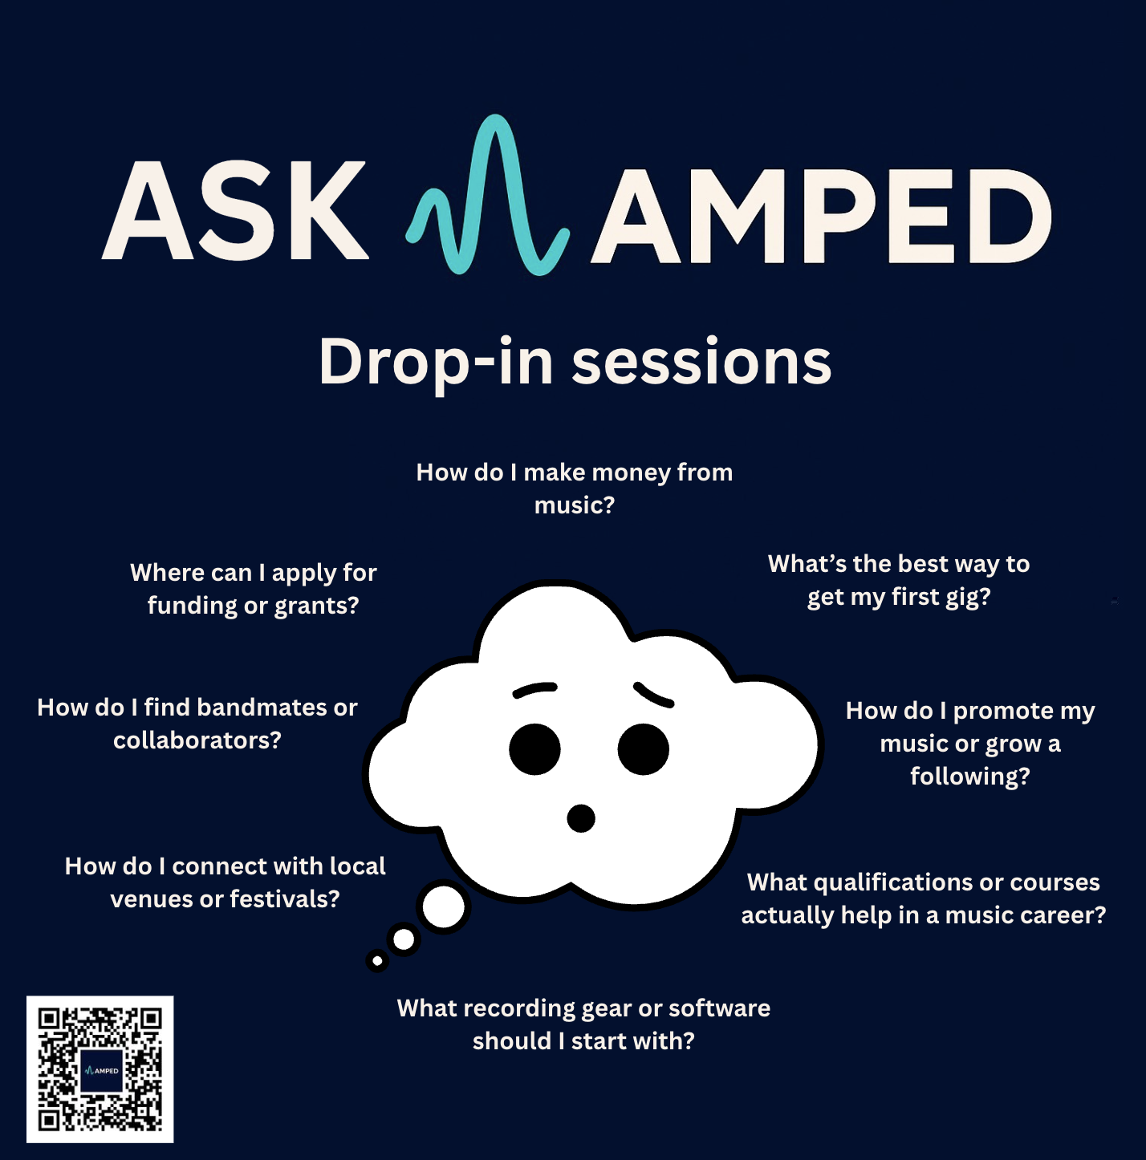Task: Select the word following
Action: (969, 777)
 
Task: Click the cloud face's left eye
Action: (534, 749)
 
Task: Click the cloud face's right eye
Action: (643, 749)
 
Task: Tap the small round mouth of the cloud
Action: (580, 818)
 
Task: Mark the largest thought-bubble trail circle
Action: (443, 907)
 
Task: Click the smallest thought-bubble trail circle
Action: (377, 960)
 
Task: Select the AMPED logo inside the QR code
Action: (101, 1070)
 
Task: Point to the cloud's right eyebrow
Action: (653, 695)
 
